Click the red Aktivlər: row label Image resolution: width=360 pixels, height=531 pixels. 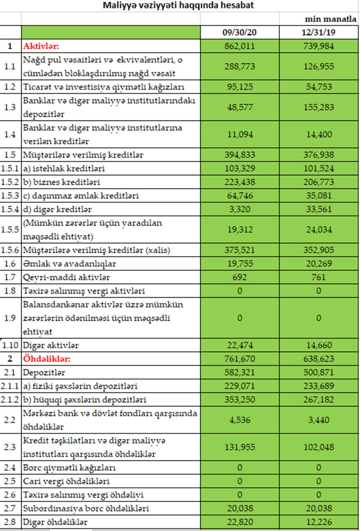[41, 46]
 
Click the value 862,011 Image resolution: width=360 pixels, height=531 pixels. [239, 46]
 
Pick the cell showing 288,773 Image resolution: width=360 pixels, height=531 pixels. [239, 66]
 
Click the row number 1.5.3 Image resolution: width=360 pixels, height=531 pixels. [10, 196]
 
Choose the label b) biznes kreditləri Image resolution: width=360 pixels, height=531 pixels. [61, 183]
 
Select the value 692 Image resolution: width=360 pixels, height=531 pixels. [239, 277]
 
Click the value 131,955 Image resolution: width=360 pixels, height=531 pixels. [239, 448]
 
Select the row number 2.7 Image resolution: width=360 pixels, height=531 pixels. [10, 509]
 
